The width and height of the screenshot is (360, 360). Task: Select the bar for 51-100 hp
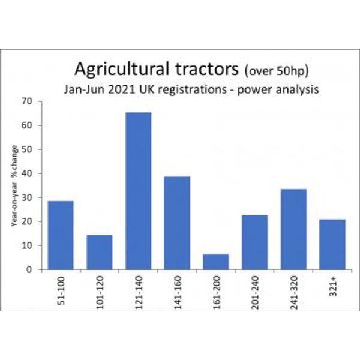pos(61,235)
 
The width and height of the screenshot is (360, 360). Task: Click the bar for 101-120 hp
pos(100,252)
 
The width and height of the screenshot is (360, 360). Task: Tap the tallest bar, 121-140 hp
pos(139,191)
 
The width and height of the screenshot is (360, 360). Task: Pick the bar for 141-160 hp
pos(177,223)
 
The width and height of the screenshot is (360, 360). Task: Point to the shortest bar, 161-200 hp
pos(216,262)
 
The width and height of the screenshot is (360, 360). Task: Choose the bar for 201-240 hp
pos(255,242)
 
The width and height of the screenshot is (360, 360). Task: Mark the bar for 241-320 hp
pos(293,229)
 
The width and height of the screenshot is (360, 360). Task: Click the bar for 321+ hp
pos(332,245)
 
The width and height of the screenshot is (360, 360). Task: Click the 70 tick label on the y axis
pos(27,101)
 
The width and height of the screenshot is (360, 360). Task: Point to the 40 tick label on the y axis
pos(27,173)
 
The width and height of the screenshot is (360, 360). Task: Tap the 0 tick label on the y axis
pos(29,269)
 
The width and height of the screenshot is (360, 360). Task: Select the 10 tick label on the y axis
pos(27,245)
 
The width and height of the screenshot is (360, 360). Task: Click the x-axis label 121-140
pos(139,292)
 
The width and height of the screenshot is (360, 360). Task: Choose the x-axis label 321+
pos(333,286)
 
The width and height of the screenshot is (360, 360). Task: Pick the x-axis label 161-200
pos(217,292)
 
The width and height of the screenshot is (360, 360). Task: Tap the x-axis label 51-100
pos(61,290)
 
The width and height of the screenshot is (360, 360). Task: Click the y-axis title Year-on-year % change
pos(14,185)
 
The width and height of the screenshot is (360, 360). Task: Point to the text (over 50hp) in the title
pos(277,71)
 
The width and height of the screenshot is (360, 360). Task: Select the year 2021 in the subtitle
pos(122,89)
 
